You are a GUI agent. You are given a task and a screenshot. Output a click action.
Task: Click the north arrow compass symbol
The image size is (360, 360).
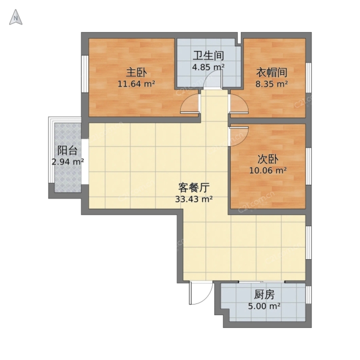[16, 17]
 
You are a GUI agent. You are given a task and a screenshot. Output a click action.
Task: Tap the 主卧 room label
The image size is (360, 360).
[136, 73]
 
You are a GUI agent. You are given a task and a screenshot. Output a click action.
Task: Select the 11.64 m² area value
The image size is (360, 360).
[136, 84]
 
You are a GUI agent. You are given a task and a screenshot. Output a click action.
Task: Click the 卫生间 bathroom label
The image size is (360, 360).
[208, 56]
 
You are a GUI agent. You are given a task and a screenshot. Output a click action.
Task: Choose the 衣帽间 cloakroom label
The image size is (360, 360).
[272, 73]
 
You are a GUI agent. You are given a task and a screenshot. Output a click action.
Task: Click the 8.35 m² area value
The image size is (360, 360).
[272, 84]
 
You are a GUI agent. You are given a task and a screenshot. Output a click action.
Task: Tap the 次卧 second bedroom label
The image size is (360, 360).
[268, 159]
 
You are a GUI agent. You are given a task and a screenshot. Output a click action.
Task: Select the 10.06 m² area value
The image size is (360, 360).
[268, 170]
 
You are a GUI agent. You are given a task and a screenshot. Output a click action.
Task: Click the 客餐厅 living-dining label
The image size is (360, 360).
[194, 188]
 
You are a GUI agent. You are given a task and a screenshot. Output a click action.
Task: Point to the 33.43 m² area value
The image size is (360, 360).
[194, 199]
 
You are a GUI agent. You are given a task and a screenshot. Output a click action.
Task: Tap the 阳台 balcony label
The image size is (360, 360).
[67, 151]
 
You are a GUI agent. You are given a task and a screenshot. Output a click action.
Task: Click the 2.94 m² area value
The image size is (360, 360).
[68, 162]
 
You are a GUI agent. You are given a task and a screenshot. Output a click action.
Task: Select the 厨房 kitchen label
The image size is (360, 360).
[264, 295]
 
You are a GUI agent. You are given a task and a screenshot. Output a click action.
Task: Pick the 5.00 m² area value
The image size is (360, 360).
[264, 306]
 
